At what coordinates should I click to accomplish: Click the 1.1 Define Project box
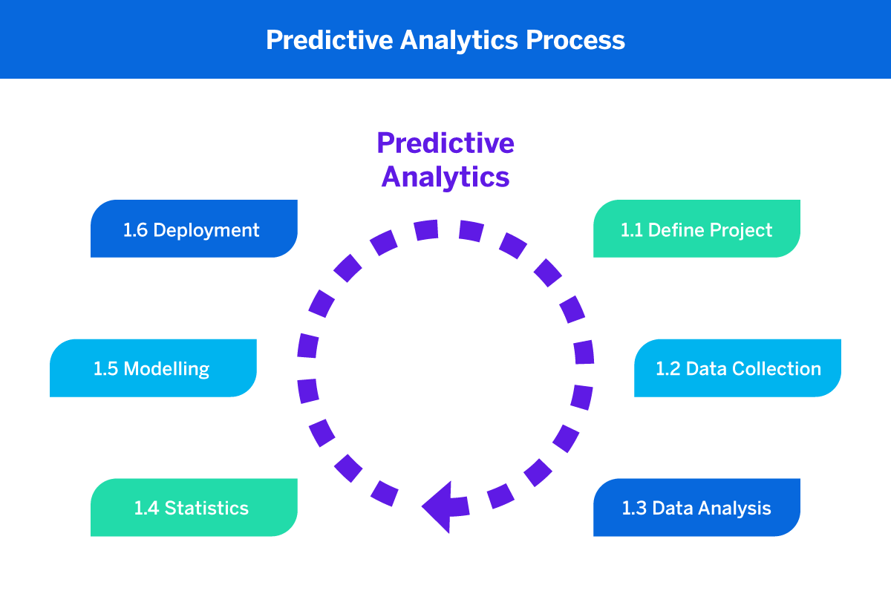pos(696,229)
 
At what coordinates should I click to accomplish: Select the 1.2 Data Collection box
pos(737,368)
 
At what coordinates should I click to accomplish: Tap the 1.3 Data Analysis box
pos(696,508)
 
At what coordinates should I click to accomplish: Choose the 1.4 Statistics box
pos(194,508)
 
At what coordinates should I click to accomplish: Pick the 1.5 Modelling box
pos(153,368)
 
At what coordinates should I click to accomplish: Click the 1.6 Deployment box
pos(194,229)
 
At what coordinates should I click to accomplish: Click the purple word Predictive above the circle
pos(446,143)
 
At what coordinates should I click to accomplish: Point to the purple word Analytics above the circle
pos(446,177)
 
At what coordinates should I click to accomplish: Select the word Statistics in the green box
pos(206,509)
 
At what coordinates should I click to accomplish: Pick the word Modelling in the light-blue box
pos(166,369)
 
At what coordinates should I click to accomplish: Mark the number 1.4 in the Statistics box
pos(146,509)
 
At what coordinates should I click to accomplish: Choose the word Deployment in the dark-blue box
pos(207,230)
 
